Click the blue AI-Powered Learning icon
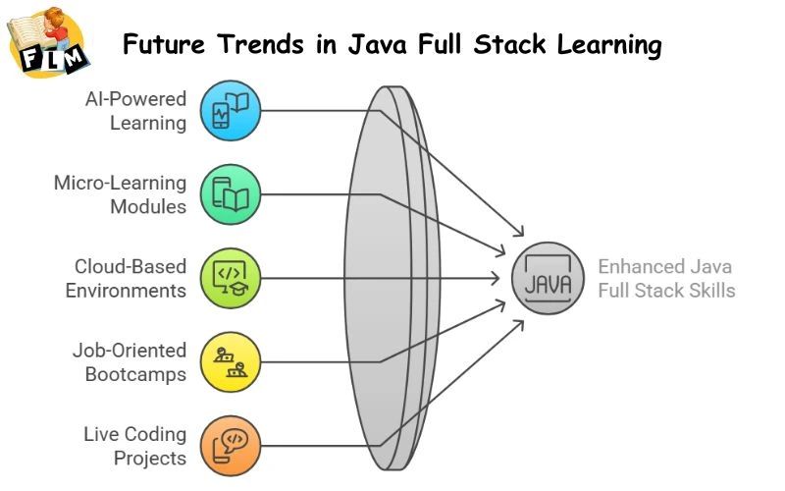[232, 111]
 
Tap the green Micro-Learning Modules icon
[232, 194]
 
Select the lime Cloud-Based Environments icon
[232, 278]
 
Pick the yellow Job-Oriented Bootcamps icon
[232, 361]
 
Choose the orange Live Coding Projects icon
[232, 445]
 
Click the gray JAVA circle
[547, 278]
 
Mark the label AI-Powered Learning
[134, 111]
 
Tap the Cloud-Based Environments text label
[125, 278]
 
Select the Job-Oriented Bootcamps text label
[129, 361]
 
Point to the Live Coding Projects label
[133, 445]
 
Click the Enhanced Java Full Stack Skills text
[665, 278]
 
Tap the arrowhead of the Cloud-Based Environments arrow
[499, 278]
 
